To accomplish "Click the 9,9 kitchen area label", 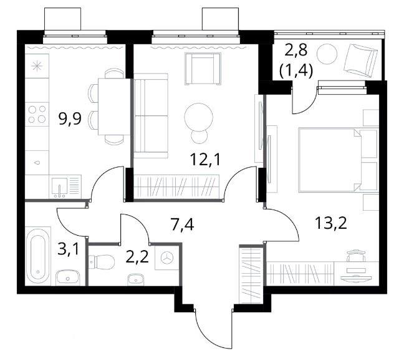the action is [x=70, y=119].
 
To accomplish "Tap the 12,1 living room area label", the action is [x=205, y=160].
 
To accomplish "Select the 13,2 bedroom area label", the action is [x=331, y=223].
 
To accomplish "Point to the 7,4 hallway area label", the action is [x=183, y=225].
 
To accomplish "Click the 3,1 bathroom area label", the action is [x=68, y=249].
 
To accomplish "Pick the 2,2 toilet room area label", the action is [x=137, y=257].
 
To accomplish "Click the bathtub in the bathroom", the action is [x=39, y=256].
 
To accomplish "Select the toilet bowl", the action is [x=102, y=262].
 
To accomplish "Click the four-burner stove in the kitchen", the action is [x=37, y=114].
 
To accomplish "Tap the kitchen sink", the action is [x=60, y=188].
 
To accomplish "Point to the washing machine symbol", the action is [x=167, y=258].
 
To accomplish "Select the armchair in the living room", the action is [x=203, y=69].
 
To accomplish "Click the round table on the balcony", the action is [x=327, y=54].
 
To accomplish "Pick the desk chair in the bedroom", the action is [x=356, y=255].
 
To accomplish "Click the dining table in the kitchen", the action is [x=115, y=107].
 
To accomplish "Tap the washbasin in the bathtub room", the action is [x=68, y=277].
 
